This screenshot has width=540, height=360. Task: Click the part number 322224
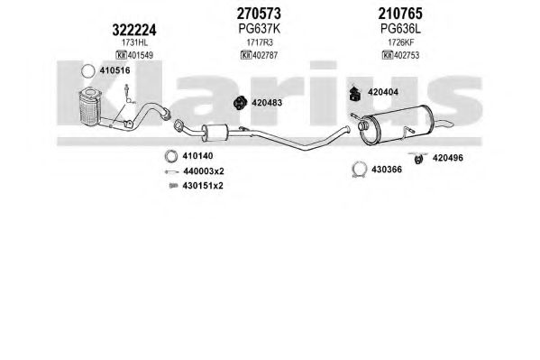coord(134,30)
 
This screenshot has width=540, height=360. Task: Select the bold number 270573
coord(259,14)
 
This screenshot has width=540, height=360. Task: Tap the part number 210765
coord(400,14)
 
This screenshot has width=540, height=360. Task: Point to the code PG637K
coord(260,29)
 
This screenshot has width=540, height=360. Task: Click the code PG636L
coord(400,29)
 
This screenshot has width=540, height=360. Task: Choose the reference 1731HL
coord(134,42)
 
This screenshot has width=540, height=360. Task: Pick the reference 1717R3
coord(260,42)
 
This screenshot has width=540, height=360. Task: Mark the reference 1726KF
coord(401,42)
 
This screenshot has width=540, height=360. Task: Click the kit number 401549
coord(140,55)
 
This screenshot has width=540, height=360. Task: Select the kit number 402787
coord(265,55)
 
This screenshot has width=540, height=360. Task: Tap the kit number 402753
coord(407,55)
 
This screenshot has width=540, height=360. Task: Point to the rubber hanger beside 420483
coord(240,103)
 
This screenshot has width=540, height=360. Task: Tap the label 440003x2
coord(204,171)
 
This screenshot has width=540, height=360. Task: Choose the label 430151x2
coord(203,186)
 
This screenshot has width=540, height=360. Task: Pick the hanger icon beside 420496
coord(418,158)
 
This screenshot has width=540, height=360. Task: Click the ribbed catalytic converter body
coord(89,107)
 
